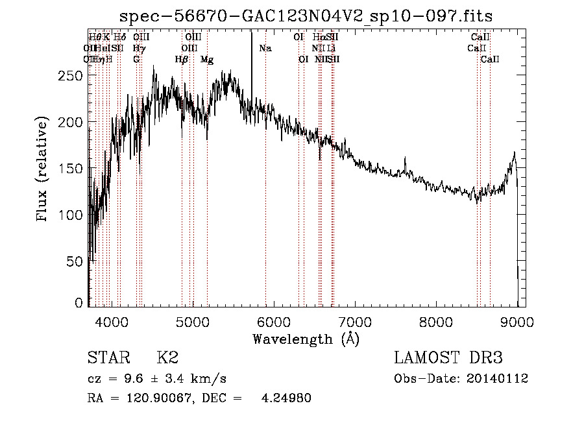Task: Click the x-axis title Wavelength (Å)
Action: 306,339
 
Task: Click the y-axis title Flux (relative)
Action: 43,170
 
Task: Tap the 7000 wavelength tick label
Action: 355,320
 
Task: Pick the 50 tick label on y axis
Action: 75,261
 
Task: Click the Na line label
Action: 265,48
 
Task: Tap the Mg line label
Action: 207,59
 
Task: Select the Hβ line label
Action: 181,59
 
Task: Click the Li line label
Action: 332,48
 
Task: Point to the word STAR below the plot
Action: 108,358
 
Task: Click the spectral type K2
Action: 167,358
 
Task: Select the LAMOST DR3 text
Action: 448,358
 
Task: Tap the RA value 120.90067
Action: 154,398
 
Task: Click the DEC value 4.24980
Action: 286,398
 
